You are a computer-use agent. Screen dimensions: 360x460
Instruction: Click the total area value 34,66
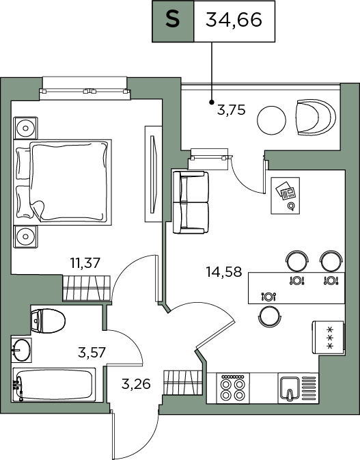click(234, 21)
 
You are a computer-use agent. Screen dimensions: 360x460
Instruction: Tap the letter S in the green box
click(173, 20)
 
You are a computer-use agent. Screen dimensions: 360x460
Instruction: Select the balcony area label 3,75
click(231, 110)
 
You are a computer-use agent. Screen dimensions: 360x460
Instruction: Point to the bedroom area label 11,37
click(85, 263)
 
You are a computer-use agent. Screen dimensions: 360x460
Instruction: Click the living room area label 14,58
click(224, 271)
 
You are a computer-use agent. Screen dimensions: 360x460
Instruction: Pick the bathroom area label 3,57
click(92, 352)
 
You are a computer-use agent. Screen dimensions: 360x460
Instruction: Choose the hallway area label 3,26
click(136, 383)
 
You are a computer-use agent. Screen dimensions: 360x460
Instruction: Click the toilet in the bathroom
click(48, 321)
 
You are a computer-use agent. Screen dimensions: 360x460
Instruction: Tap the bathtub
click(54, 385)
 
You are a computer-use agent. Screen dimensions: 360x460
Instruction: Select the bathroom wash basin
click(21, 349)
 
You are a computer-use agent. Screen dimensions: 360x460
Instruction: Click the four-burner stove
click(233, 388)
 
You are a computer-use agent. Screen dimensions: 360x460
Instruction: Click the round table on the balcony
click(271, 120)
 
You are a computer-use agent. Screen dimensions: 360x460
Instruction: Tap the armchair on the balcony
click(316, 118)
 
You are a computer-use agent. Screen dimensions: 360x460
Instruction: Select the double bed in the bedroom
click(62, 182)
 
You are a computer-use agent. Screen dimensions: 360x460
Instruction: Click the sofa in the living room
click(191, 202)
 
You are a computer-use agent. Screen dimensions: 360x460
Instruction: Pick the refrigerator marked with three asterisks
click(328, 338)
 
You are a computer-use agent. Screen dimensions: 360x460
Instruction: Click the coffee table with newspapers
click(286, 195)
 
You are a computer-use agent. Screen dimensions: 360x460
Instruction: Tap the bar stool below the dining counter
click(270, 317)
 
